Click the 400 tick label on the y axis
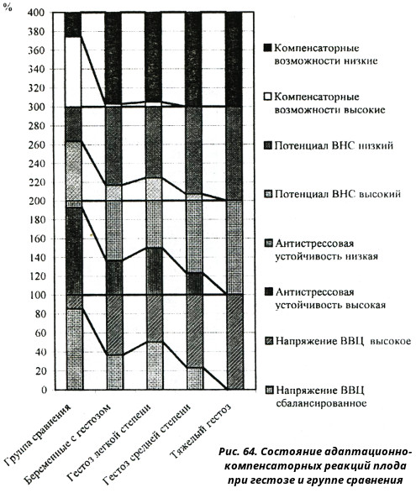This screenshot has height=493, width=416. coord(37,13)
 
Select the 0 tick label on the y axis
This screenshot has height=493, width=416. coord(44,390)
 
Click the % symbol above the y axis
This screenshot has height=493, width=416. coord(8,8)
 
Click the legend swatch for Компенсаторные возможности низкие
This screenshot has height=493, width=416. coord(267,48)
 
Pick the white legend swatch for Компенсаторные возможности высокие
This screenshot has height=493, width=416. coord(267,97)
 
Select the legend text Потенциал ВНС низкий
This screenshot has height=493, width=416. coord(334,145)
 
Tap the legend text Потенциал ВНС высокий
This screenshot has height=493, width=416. coord(338,194)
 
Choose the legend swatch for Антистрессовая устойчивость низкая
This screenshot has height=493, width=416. coord(268,243)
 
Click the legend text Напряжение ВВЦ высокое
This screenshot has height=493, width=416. coord(344,341)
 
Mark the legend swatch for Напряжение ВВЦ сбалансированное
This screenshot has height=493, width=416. coord(270,390)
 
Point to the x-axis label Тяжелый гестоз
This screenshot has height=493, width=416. coord(201,430)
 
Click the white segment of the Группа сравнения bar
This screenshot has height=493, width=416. coord(72,71)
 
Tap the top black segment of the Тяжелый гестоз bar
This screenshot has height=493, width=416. coord(234,60)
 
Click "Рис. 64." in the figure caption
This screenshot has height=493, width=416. coord(238,452)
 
